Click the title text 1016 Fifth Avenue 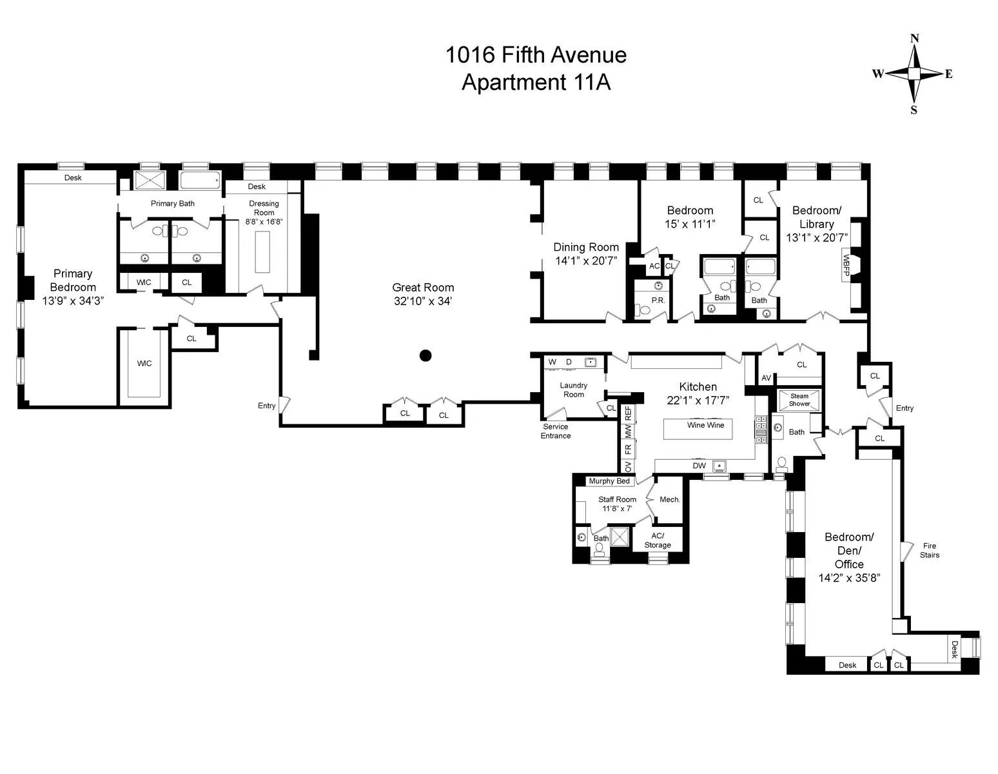(x=536, y=55)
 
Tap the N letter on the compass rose (x=914, y=39)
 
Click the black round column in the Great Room (x=426, y=355)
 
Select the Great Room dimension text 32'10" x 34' (x=424, y=301)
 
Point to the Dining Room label (x=586, y=247)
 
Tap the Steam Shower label (x=799, y=400)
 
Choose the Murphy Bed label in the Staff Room (x=609, y=481)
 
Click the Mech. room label (x=670, y=499)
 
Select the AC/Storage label (x=658, y=541)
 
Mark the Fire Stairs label (x=929, y=550)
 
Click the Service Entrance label (x=556, y=431)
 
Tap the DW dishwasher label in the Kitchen (x=700, y=466)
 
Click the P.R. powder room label (x=658, y=300)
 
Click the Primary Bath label (x=173, y=203)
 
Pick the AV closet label (x=767, y=378)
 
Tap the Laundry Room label (x=573, y=390)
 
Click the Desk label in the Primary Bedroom (x=73, y=177)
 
